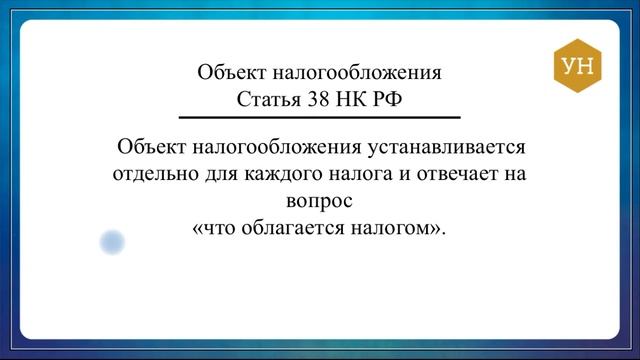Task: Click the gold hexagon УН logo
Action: (x=578, y=67)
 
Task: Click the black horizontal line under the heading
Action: (x=320, y=117)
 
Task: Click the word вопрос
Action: (x=319, y=200)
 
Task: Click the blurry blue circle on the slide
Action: (x=111, y=241)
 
